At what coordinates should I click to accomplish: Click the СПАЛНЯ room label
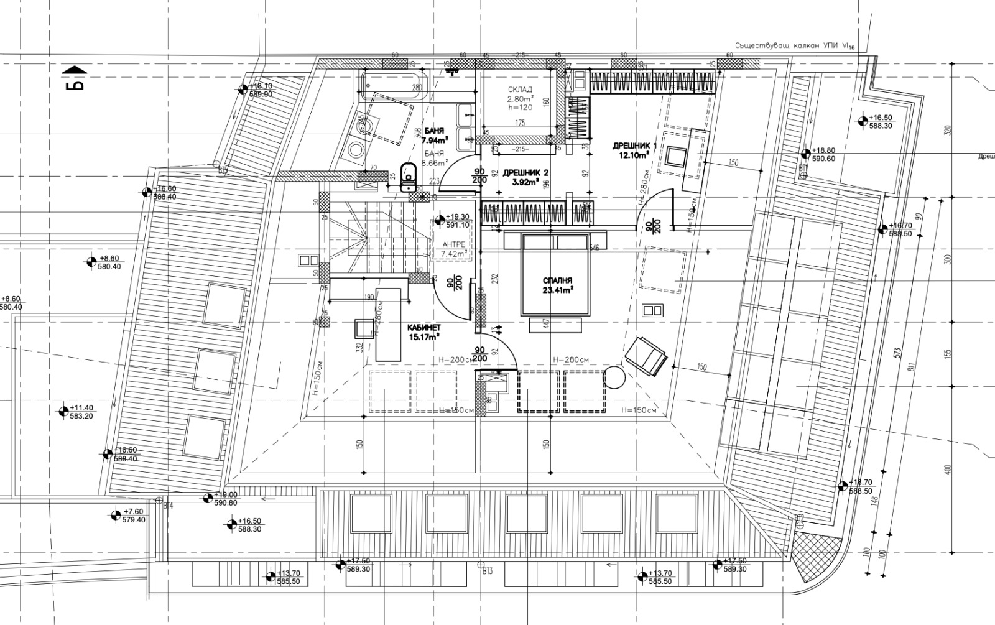pos(557,280)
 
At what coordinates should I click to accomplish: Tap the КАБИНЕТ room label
pos(423,328)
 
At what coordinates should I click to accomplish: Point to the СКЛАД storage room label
pos(520,90)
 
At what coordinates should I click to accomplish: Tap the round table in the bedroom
pos(615,377)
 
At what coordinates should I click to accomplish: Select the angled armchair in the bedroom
pos(646,356)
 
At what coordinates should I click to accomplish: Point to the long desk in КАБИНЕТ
pos(389,324)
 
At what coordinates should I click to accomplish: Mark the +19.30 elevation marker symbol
pos(440,220)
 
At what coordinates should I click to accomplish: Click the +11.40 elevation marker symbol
pos(63,411)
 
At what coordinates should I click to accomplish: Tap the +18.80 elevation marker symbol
pos(805,153)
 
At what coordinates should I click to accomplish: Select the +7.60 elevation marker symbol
pos(116,515)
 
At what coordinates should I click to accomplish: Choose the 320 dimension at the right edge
pos(948,131)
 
